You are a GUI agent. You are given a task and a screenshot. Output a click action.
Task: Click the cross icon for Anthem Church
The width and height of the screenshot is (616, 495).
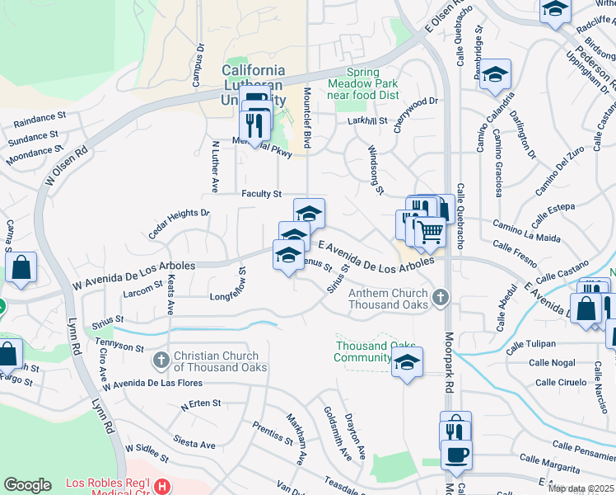pos(441,296)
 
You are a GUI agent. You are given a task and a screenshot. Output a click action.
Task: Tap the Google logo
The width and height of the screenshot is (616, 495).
pos(27,485)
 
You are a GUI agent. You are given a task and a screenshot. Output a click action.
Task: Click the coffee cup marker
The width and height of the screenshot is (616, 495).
pos(455,454)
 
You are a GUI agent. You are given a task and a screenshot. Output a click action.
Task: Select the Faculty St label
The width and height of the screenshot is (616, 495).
pos(262,194)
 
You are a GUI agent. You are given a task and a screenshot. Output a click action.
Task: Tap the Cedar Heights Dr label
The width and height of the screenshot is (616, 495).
pos(179,220)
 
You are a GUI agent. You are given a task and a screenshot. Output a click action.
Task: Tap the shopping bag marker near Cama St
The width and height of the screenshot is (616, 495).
pos(21,267)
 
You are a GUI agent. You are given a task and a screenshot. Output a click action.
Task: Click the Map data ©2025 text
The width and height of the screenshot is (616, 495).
pos(581,488)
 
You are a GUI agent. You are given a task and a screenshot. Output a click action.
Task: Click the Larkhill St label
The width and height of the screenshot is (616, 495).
pos(367,121)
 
